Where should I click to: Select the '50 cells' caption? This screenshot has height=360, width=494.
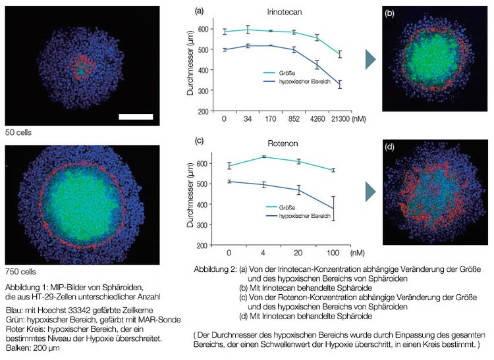tap(17, 132)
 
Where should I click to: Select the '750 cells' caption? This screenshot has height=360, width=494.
tap(19, 271)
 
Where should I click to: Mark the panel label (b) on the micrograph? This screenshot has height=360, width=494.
tap(391, 13)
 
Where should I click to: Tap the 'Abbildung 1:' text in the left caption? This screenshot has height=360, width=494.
tap(28, 288)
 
